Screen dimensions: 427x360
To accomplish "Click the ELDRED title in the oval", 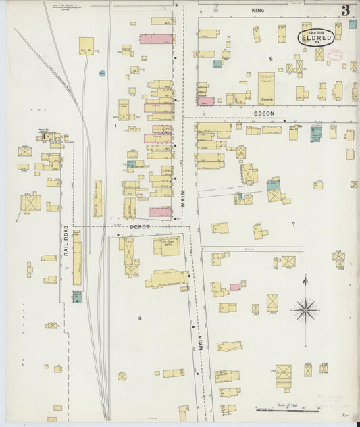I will [315, 39].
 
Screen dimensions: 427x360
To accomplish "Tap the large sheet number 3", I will [345, 10].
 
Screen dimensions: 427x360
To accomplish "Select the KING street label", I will [258, 11].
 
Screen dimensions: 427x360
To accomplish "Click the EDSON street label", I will [263, 114].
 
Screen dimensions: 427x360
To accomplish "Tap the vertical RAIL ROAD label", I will [67, 240].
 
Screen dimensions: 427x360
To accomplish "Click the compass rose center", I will [305, 309].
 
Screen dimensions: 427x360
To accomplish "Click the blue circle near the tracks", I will [102, 73].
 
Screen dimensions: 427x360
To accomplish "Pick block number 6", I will [271, 59].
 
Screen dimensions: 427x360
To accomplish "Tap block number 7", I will [293, 224].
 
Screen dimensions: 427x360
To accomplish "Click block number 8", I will [140, 318].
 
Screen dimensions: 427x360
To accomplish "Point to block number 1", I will [115, 125].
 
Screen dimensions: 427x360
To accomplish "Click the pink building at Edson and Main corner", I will [206, 101].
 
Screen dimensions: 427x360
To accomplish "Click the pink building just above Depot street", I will [160, 212].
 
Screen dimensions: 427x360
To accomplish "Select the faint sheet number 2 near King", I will [216, 8].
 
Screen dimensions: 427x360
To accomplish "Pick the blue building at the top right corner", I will [352, 24].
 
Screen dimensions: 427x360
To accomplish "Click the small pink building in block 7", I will [235, 286].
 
